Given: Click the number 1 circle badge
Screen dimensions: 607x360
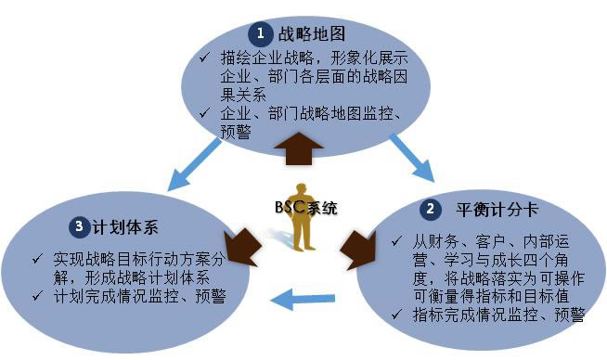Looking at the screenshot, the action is pos(260,33).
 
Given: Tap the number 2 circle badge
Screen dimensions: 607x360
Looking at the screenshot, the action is pos(431,210).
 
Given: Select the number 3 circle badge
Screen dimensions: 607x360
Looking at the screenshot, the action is pos(80,226).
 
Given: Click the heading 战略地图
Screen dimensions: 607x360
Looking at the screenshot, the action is pos(312,34).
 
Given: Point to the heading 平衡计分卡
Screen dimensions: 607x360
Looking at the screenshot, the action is pos(497,211).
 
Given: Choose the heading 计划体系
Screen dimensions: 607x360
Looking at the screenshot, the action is pos(125,227).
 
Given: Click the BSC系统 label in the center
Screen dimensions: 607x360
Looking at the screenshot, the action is pos(306,208).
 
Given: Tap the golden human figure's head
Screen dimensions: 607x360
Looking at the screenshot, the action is pos(302,189).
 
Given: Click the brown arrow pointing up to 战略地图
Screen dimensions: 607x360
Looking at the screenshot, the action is pos(299,149).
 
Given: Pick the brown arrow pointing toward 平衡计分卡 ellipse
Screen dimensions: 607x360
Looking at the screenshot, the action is pos(358,250).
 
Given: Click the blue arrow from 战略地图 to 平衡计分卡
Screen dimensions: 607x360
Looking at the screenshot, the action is pos(412,158).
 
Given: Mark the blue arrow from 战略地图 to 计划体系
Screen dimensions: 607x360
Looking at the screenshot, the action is pos(194,164).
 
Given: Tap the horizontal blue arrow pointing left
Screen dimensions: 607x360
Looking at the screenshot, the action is pos(303,299).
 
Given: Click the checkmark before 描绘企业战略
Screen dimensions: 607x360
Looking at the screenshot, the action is pos(204,58).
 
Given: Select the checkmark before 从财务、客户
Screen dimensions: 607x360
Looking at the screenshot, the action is pos(396,241).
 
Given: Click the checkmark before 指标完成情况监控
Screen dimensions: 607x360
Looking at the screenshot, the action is pos(396,314).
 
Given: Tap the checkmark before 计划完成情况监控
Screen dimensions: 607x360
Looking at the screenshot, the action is pos(37,296).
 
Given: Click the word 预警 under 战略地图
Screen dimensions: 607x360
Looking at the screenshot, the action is pos(236,132).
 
